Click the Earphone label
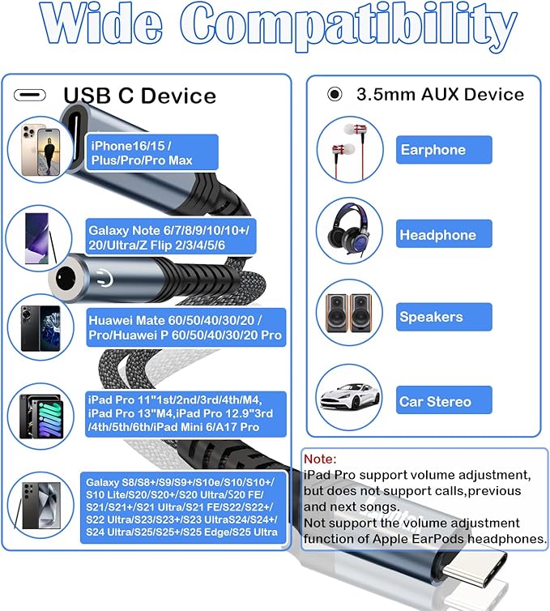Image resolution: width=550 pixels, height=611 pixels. coord(444,150)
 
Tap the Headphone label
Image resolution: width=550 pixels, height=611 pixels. coord(444,235)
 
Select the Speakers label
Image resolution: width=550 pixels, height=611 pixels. coord(444,317)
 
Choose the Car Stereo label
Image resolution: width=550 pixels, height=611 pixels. coord(444,401)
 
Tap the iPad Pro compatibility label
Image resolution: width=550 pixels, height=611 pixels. coord(185,413)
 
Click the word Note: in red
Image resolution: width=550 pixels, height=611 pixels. coord(320,458)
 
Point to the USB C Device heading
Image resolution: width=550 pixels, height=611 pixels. coord(139,96)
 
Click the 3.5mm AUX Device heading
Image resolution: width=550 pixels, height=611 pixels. coord(440,94)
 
